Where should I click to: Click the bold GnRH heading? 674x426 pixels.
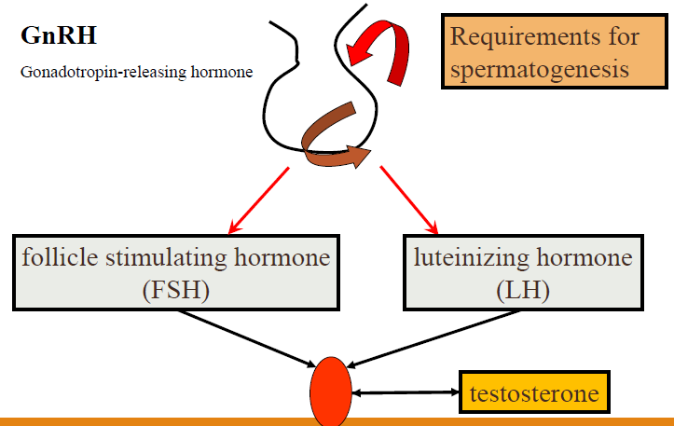coord(59,37)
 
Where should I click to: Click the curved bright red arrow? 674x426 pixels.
coord(380,48)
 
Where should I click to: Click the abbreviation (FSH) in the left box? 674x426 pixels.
coord(176,290)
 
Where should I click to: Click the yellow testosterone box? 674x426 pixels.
coord(534,393)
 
